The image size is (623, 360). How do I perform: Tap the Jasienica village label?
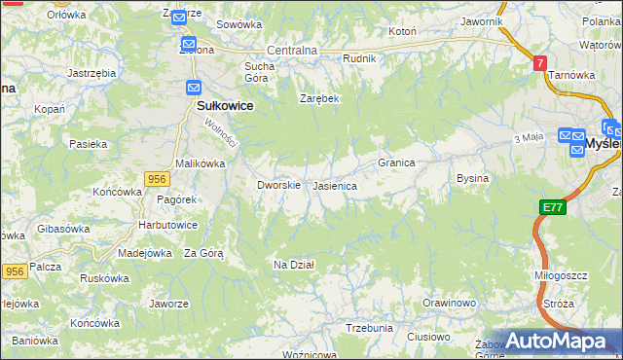click(x=334, y=185)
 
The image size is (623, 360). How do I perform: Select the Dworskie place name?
click(x=277, y=185)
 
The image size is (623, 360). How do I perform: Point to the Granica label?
click(x=397, y=162)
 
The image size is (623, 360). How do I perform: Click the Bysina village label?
click(x=472, y=179)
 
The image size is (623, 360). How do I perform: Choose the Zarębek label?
click(x=318, y=99)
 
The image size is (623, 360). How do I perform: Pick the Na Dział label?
click(x=293, y=264)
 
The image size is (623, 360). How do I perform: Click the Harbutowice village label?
click(x=168, y=225)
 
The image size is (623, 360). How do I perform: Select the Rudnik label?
click(x=359, y=58)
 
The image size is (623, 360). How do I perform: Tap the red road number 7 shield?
click(x=539, y=62)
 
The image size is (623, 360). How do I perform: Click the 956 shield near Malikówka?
click(x=158, y=178)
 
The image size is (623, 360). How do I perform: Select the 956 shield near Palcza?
click(x=15, y=272)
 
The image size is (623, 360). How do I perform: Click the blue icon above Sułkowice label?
click(x=193, y=88)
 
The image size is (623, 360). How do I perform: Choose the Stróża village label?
click(x=559, y=304)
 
